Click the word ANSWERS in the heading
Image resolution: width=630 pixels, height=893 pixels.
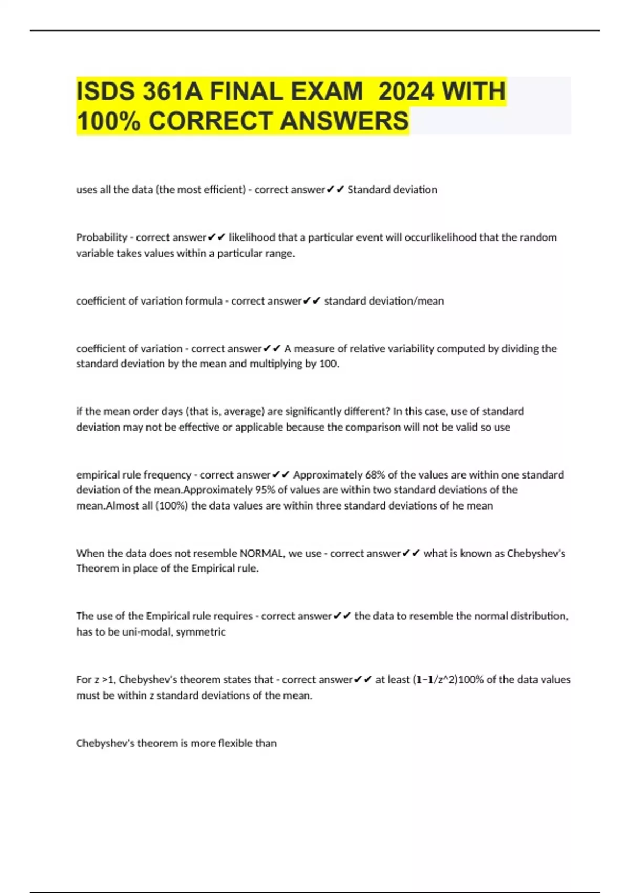344,121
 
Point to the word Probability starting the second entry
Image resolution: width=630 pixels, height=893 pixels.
101,237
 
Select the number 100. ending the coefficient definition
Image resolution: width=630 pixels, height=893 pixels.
329,364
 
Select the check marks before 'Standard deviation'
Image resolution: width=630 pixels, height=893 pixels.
335,190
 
